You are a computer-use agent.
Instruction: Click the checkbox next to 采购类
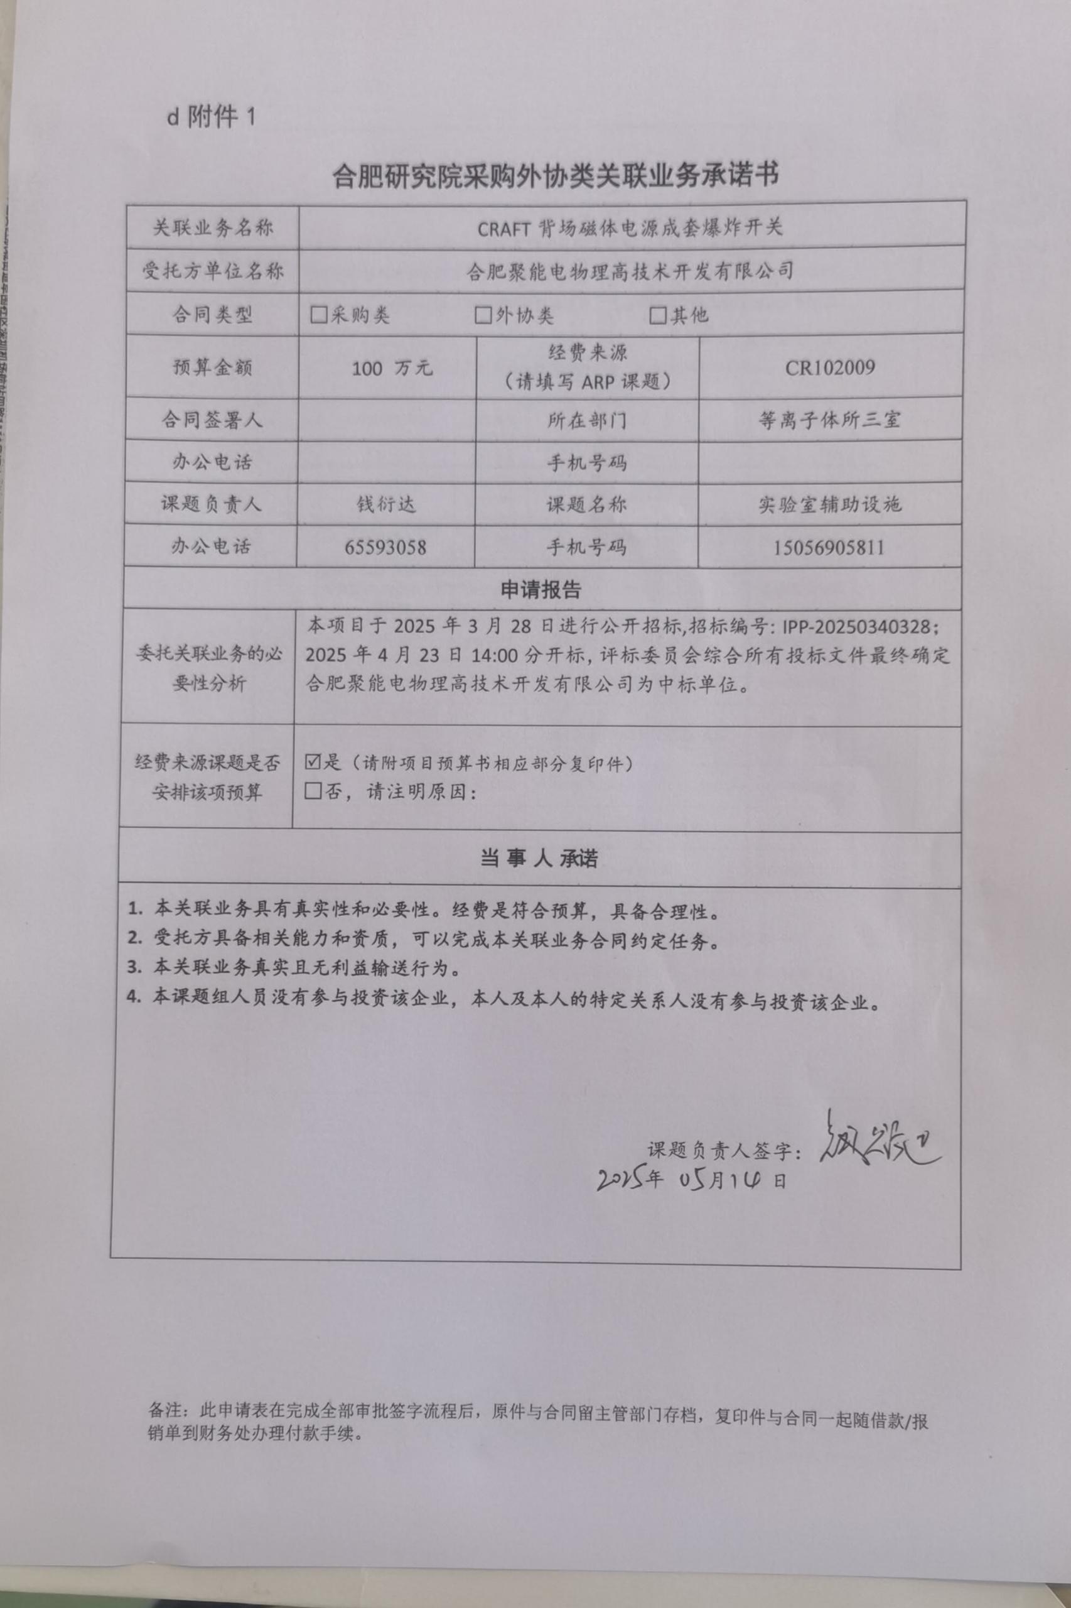click(x=318, y=315)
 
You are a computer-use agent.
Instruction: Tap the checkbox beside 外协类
click(x=483, y=315)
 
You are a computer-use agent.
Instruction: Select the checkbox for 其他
click(x=658, y=315)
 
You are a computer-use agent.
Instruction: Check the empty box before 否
click(x=313, y=791)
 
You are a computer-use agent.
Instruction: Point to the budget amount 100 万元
click(x=391, y=368)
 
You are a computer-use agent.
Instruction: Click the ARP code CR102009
click(x=829, y=368)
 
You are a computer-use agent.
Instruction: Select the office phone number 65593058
click(x=385, y=547)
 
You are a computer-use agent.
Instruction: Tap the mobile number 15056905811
click(x=829, y=547)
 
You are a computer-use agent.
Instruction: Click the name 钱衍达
click(x=386, y=504)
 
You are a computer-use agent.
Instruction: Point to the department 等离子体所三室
click(x=829, y=420)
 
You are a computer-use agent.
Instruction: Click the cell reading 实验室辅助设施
click(x=829, y=504)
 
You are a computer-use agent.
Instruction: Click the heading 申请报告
click(x=541, y=590)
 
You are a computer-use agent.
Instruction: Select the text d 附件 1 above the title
click(x=211, y=117)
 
